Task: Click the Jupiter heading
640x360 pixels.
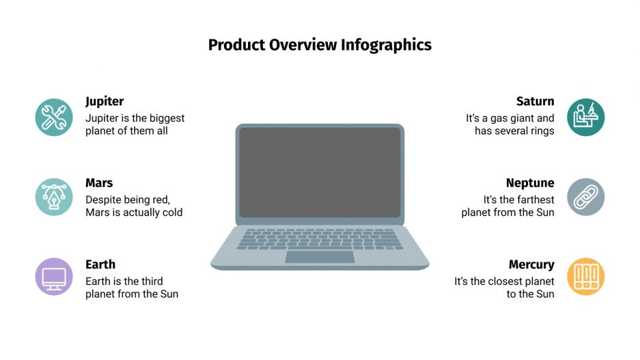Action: pos(105,101)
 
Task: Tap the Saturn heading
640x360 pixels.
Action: pos(535,101)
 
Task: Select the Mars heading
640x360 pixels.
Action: pos(99,183)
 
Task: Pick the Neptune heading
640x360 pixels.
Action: pos(529,183)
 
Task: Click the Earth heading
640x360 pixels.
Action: pos(100,264)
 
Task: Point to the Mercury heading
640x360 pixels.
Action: pos(531,264)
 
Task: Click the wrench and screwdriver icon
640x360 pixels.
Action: pos(53,117)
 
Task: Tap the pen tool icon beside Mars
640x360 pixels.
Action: pos(53,197)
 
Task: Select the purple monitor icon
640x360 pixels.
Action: pos(53,277)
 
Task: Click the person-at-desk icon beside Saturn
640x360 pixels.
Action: pos(586,117)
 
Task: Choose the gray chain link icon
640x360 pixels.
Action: pos(586,197)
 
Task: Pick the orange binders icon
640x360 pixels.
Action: pos(586,277)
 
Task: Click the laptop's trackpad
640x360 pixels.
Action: pos(320,257)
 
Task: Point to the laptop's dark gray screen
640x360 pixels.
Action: pos(320,172)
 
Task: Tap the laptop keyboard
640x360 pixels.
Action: pos(320,238)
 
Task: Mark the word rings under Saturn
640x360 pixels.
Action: pos(540,131)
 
